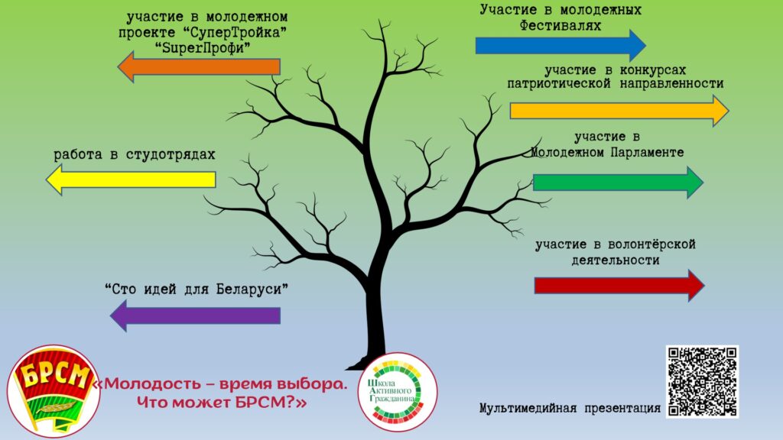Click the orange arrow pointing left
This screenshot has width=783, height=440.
(x=199, y=67)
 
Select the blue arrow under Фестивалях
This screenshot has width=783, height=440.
(x=560, y=45)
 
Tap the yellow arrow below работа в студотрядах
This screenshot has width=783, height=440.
(x=131, y=180)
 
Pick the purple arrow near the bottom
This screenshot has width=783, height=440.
(x=195, y=315)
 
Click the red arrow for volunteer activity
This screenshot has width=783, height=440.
(x=619, y=286)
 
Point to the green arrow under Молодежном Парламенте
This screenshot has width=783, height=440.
(x=618, y=183)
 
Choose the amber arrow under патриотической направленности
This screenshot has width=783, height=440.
(x=619, y=111)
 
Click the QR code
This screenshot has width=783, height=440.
(x=702, y=382)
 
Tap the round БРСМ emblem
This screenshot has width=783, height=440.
(x=54, y=390)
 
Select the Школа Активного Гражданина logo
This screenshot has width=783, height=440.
(x=398, y=392)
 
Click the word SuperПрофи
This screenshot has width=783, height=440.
(x=203, y=48)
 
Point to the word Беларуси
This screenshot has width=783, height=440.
(x=252, y=289)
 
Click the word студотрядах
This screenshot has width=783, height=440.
(x=171, y=154)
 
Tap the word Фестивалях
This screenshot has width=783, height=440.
(x=560, y=25)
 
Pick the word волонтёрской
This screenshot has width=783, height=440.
(x=651, y=244)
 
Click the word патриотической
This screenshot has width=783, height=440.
(x=559, y=84)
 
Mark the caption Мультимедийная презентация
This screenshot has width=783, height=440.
(x=570, y=409)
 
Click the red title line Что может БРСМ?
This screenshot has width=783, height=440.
(x=222, y=402)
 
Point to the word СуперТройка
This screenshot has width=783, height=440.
(x=232, y=33)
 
